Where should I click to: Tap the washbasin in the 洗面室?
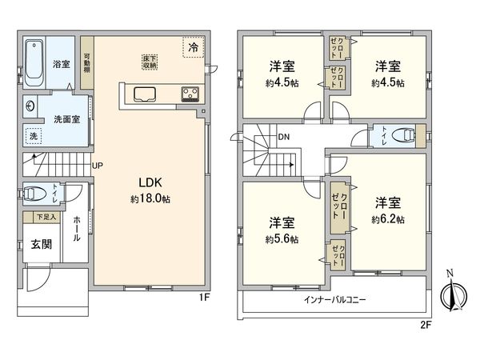pos(30,105)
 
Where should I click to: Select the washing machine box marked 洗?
pos(34,136)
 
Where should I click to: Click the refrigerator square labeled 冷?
pos(193,48)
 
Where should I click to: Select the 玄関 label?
pos(41,244)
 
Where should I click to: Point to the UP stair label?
pos(98,166)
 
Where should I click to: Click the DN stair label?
pos(284,137)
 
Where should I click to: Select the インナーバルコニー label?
pos(335,299)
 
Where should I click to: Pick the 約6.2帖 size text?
pos(387,219)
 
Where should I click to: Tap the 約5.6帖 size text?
pos(282,238)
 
